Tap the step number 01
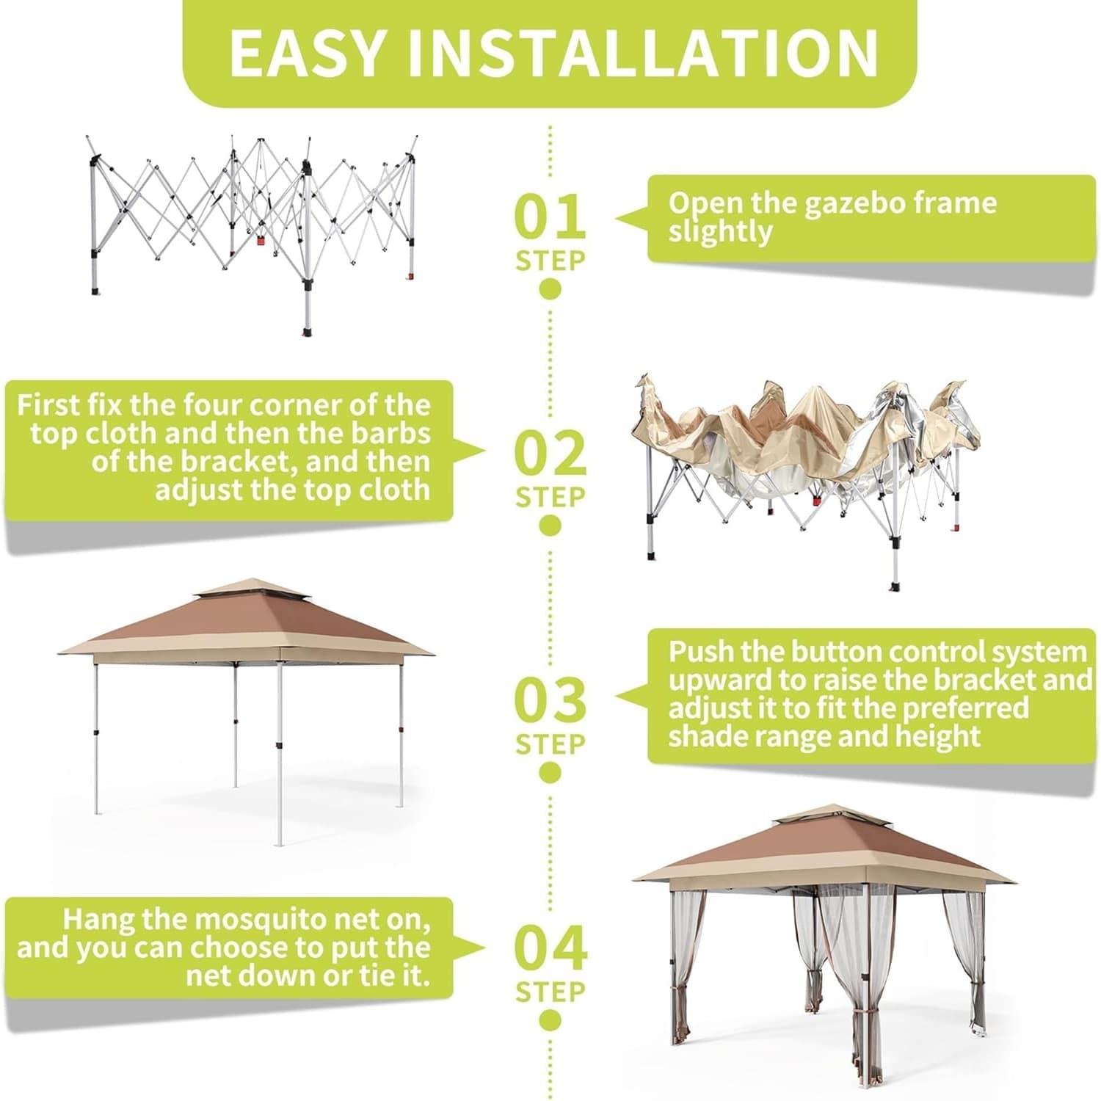(550, 216)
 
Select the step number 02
(550, 453)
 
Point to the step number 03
(550, 700)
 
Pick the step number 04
(550, 948)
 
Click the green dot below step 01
(550, 289)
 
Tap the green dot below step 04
(550, 1020)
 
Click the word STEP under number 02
(550, 497)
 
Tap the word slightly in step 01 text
(719, 233)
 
